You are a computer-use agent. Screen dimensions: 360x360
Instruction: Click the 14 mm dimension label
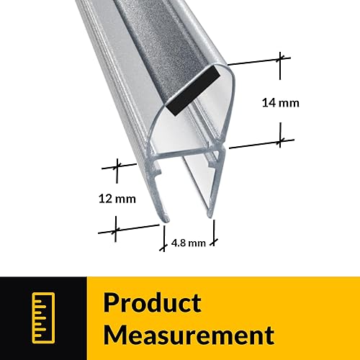pos(280,103)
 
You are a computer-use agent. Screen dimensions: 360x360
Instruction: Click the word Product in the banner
pos(152,302)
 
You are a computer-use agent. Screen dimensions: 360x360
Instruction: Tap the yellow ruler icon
pos(42,318)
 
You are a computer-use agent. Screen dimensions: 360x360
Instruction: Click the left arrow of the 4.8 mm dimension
pos(163,233)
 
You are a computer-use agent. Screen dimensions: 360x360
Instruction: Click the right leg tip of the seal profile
pos(210,213)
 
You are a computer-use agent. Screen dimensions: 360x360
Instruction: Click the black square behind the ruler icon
pos(42,318)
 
